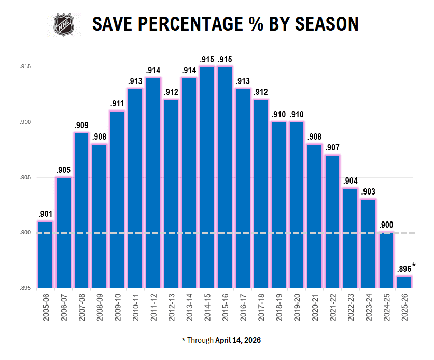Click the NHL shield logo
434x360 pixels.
64,24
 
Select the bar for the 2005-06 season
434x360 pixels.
45,254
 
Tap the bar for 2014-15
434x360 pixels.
207,176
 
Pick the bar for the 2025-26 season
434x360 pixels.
404,282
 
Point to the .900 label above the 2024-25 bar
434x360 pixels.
386,225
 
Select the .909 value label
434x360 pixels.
81,125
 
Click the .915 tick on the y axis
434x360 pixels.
25,67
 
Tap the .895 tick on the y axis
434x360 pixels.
25,288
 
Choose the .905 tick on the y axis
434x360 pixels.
25,178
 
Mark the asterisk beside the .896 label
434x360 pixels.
414,266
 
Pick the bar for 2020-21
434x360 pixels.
315,215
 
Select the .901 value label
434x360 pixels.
45,214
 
